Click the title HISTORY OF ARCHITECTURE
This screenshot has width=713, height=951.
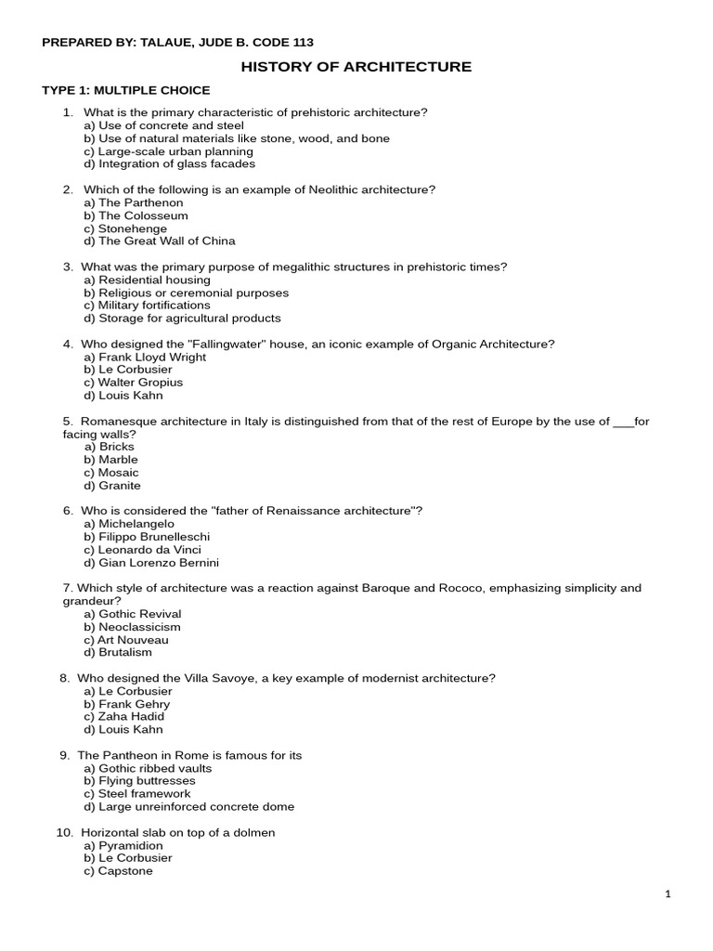356,67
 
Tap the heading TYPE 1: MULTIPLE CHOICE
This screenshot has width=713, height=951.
126,90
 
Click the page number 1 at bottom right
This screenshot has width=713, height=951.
668,894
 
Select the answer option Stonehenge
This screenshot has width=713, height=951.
125,228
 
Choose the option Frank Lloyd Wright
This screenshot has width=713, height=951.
145,357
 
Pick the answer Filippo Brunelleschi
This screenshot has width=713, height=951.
147,537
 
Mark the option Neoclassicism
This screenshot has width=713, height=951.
132,627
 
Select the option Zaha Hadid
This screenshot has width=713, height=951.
123,717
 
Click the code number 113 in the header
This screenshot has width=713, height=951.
302,43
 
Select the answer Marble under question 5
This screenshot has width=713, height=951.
110,460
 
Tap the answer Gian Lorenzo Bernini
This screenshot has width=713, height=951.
151,563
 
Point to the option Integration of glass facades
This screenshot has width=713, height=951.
169,164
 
